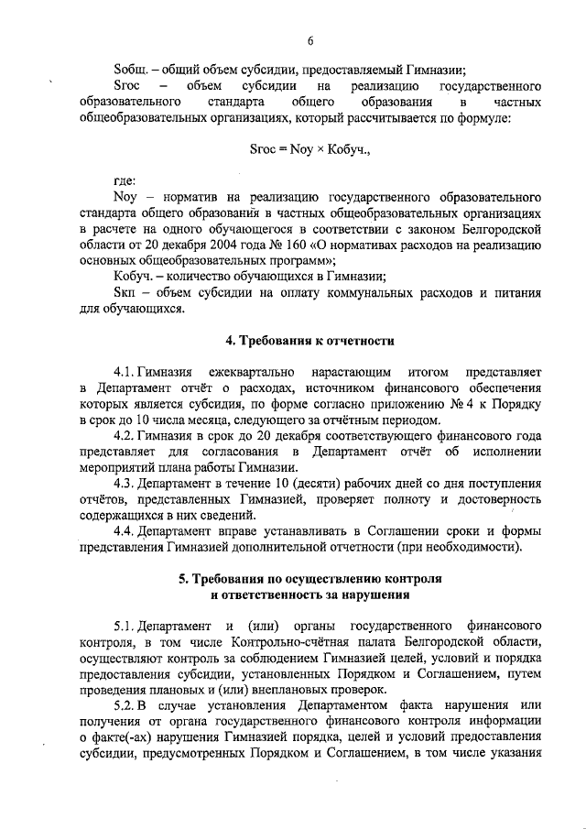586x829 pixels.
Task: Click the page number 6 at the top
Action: click(310, 40)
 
